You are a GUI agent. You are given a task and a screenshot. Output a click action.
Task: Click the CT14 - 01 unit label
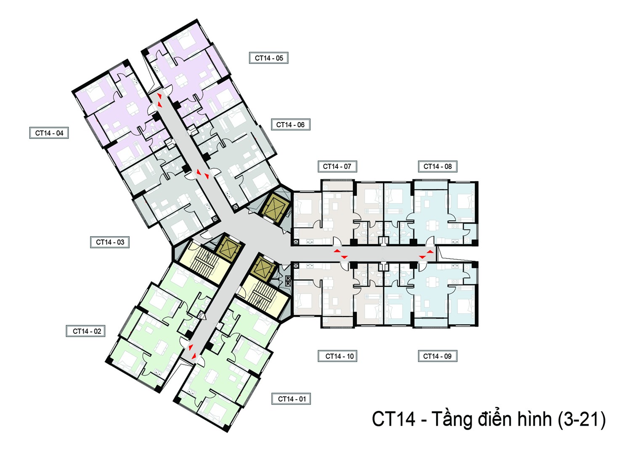(x=291, y=399)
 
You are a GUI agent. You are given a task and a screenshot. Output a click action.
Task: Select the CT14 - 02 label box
(x=86, y=331)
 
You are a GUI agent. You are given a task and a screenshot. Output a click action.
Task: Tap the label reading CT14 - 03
(x=109, y=242)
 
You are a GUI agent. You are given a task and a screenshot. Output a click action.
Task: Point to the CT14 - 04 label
(x=49, y=133)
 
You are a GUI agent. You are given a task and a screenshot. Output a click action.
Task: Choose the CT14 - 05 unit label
(x=269, y=58)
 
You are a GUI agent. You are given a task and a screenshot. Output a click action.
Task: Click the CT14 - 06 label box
(x=291, y=124)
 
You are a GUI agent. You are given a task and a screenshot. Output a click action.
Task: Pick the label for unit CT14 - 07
(x=337, y=166)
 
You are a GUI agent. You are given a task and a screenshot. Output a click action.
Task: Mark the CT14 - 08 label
(x=437, y=166)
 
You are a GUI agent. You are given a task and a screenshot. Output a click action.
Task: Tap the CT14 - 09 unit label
(x=437, y=356)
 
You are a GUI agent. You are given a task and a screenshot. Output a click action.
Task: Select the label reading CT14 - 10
(x=337, y=356)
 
